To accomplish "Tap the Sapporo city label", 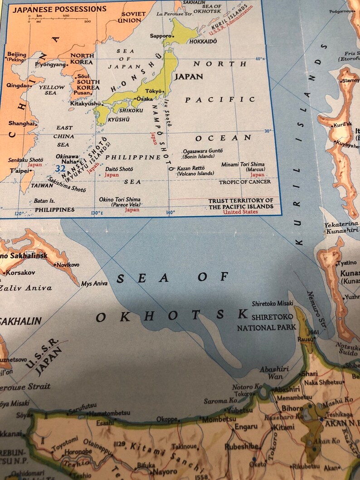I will tap(161, 35).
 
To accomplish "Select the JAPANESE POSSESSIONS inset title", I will tap(59, 9).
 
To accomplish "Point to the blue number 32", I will tap(60, 169).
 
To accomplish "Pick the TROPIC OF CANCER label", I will tap(245, 182).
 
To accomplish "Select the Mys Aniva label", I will tap(95, 284).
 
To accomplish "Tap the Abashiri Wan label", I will tap(274, 373).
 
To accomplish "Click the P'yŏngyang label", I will tap(50, 64).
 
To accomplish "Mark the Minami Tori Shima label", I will tap(243, 164).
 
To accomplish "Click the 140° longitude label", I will tap(170, 212).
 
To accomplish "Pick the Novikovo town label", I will tap(68, 264).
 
